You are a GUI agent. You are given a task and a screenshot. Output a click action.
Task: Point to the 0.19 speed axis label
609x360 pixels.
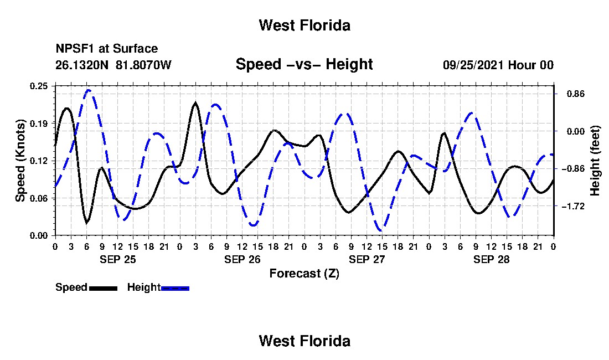pyautogui.click(x=39, y=124)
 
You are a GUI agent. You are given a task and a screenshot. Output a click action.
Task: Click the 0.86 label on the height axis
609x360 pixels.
pyautogui.click(x=576, y=94)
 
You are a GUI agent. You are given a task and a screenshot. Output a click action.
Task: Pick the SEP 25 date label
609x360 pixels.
pyautogui.click(x=118, y=259)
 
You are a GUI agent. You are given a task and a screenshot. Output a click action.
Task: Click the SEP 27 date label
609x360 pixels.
pyautogui.click(x=367, y=259)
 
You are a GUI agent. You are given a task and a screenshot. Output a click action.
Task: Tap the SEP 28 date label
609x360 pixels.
pyautogui.click(x=491, y=259)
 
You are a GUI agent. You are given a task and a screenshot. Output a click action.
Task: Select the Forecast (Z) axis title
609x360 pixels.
pyautogui.click(x=304, y=274)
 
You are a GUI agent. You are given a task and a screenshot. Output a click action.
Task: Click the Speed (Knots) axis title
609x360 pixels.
pyautogui.click(x=20, y=161)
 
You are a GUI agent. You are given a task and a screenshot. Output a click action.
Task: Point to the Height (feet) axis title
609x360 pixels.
pyautogui.click(x=595, y=161)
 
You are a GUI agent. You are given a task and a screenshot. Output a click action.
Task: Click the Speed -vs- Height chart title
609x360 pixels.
pyautogui.click(x=304, y=64)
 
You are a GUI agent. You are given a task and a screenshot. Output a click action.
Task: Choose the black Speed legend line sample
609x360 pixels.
pyautogui.click(x=103, y=288)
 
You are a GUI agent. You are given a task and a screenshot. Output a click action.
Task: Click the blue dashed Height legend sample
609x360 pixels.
pyautogui.click(x=175, y=288)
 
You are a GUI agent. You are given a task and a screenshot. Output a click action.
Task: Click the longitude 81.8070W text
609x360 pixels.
pyautogui.click(x=143, y=65)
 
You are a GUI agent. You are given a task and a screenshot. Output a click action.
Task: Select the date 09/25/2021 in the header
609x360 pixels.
pyautogui.click(x=473, y=65)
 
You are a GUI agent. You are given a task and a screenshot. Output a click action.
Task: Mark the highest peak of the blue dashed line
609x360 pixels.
pyautogui.click(x=88, y=90)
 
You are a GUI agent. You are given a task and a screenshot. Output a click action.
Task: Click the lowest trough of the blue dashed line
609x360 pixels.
pyautogui.click(x=381, y=231)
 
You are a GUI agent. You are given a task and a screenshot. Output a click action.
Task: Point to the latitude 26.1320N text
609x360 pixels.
pyautogui.click(x=82, y=65)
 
